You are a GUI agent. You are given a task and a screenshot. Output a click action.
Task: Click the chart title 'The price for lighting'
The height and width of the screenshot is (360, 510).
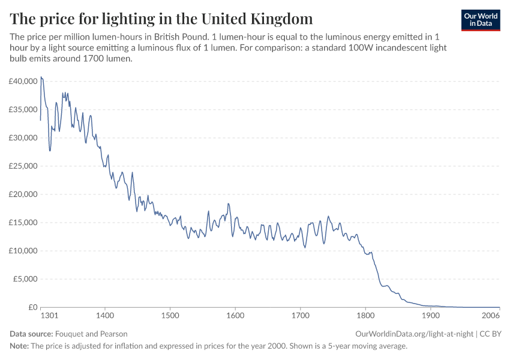[161, 17]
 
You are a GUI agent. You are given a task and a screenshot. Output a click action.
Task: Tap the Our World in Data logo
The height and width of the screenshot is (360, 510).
[480, 20]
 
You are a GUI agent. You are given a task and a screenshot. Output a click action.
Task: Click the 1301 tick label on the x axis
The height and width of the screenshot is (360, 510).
[49, 315]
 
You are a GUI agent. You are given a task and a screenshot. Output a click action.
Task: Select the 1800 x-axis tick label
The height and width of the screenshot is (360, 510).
[365, 315]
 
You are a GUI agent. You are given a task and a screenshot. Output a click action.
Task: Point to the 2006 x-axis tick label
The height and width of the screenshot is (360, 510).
[491, 315]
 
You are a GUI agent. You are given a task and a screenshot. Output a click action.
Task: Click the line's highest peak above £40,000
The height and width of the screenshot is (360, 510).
[41, 77]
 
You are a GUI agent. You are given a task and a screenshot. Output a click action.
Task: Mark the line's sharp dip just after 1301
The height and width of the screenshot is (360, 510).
[50, 150]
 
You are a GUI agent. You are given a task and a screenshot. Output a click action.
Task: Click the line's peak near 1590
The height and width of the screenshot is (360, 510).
[229, 204]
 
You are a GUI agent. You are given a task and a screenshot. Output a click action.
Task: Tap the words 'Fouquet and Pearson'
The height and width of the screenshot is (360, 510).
[91, 334]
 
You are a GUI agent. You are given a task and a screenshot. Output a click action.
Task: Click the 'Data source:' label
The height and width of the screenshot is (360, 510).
[31, 334]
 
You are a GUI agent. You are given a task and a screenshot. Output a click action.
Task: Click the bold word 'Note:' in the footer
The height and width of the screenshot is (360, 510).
[20, 346]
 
